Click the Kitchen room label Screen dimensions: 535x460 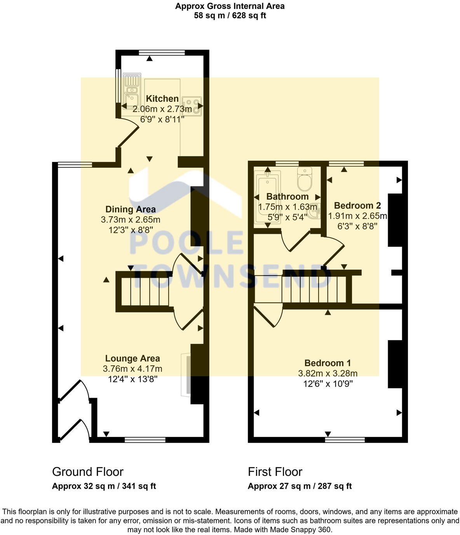[x=162, y=99]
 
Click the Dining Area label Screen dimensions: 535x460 [x=131, y=209]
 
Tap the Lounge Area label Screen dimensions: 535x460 [x=132, y=358]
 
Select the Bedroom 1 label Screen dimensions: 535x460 [x=328, y=363]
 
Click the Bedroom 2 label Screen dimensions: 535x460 [x=357, y=205]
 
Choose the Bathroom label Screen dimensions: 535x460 [x=287, y=196]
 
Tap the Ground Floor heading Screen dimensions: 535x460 [x=88, y=472]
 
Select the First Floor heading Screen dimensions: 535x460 [x=275, y=472]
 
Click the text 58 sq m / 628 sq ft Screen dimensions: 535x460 [x=230, y=16]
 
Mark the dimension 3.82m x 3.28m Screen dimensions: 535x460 [x=328, y=374]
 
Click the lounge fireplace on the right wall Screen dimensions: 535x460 [x=188, y=375]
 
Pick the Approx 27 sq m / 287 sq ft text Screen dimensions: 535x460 [x=300, y=486]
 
